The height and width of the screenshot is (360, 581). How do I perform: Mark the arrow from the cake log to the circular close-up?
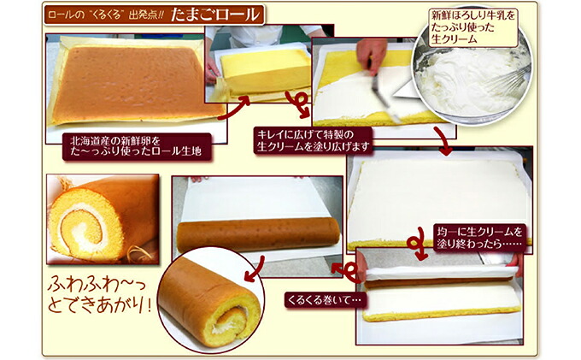[x=257, y=270]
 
